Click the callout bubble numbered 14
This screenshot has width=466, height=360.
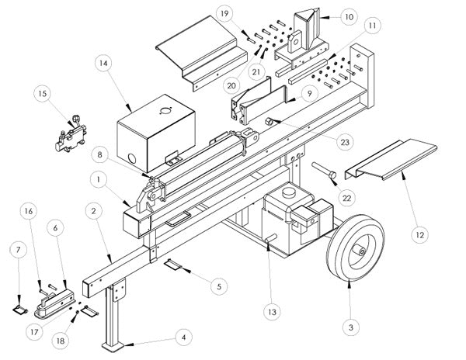pos(103,64)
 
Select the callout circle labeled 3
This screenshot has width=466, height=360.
pos(351,327)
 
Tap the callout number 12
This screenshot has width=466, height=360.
pos(420,235)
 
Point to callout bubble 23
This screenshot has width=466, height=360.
pos(345,142)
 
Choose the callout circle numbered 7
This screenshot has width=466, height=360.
pos(18,250)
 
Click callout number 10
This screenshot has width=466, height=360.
pos(349,17)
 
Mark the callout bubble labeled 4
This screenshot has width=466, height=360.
pos(183,337)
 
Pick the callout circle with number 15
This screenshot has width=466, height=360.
pos(43,93)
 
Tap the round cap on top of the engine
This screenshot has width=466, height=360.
pos(287,193)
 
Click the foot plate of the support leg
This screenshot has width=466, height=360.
pos(113,347)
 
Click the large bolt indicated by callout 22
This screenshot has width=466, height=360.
pos(324,170)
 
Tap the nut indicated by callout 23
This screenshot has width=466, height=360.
pos(270,121)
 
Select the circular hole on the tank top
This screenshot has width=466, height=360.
pos(165,111)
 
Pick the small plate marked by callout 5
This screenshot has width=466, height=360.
pos(173,264)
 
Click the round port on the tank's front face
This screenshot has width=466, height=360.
pos(132,159)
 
